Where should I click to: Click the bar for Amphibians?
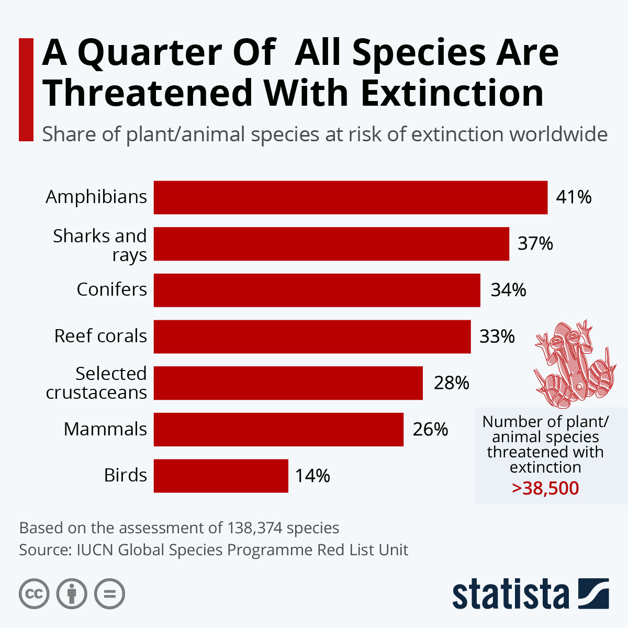pos(350,197)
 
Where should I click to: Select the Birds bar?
pos(221,476)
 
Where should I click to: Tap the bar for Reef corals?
pos(312,337)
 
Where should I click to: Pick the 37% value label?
pos(535,244)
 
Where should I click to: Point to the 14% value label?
pos(312,476)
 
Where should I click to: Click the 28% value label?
pos(451,383)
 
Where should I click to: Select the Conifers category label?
pos(111,289)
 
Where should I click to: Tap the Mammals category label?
pos(105,429)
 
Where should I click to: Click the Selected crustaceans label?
pos(97,383)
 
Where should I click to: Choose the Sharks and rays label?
pos(100,245)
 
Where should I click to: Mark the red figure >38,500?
pos(545,488)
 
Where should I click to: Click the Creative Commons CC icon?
pos(34,594)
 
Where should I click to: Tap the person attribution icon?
pos(72,594)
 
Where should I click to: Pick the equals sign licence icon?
pos(110,594)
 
